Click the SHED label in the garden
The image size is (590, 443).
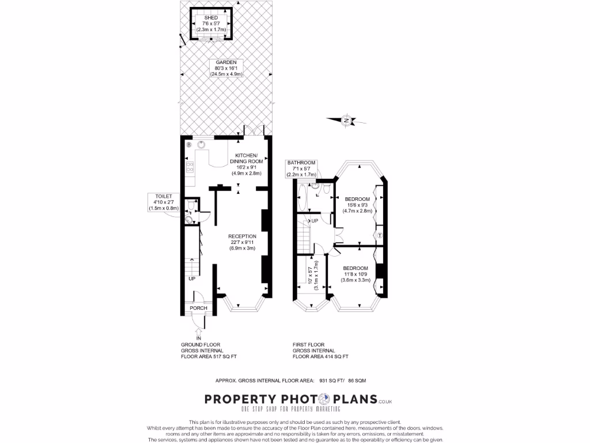click(211, 24)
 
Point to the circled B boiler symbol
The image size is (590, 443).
click(188, 145)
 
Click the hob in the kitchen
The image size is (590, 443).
click(190, 168)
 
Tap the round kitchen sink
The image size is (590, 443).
click(202, 145)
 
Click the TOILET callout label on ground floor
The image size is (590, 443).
click(164, 202)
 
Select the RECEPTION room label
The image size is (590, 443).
click(242, 242)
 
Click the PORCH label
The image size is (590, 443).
click(198, 308)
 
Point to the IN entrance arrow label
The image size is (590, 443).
click(199, 337)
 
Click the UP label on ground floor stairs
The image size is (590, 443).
click(191, 279)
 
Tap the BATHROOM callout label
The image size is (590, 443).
click(301, 168)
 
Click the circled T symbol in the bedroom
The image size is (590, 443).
click(380, 235)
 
